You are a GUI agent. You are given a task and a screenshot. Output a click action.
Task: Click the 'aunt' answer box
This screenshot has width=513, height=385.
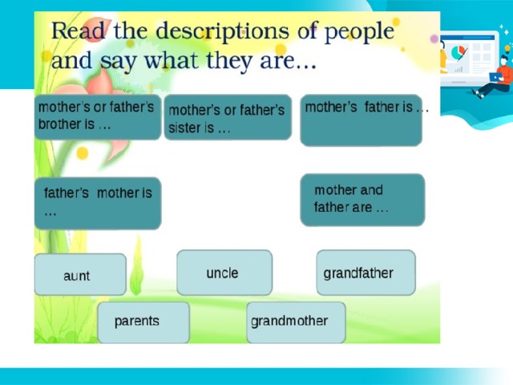point(80,274)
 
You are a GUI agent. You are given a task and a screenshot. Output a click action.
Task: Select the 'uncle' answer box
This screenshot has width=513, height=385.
point(224,273)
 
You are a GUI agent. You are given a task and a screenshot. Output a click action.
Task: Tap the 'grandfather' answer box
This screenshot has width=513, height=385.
point(366,273)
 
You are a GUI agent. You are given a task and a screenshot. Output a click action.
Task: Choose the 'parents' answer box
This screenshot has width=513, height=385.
point(143,322)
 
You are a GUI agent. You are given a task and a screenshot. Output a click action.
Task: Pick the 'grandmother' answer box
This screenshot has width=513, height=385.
point(296,322)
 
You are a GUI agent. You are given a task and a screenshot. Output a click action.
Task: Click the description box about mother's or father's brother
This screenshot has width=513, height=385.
point(98,117)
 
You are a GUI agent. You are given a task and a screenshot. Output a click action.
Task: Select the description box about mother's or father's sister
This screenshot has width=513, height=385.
point(228,117)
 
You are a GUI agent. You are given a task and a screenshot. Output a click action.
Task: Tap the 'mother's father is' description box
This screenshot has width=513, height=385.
point(362,120)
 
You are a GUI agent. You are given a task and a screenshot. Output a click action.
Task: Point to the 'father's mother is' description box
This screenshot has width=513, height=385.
point(98,203)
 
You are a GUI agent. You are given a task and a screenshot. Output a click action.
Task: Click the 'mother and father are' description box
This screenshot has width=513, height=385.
point(362,200)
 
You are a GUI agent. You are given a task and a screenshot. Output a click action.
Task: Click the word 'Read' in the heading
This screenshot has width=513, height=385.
point(78,30)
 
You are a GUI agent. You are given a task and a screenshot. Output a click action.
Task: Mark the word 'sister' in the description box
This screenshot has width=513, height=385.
point(186,128)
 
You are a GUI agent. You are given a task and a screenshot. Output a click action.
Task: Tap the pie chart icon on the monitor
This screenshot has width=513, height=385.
point(458,52)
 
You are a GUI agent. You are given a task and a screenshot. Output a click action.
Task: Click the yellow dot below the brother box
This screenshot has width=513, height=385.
point(82,153)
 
